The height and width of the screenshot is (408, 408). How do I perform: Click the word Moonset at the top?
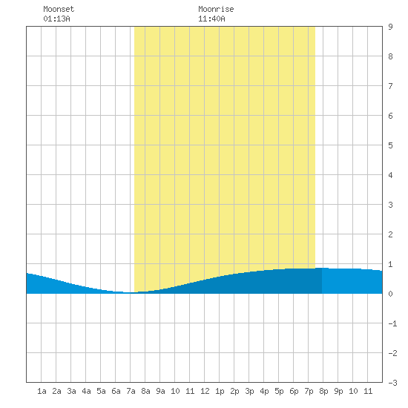pos(59,9)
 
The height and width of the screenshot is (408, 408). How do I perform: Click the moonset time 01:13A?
pos(56,19)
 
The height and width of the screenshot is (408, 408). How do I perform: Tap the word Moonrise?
pos(216,9)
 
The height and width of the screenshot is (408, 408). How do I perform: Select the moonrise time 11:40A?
pos(211,19)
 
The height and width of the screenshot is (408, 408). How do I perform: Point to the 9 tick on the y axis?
pos(390,27)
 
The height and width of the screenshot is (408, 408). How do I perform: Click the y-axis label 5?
pos(390,145)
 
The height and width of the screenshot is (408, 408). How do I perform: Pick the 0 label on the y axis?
pos(390,294)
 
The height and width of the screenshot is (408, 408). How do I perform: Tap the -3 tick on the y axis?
pos(392,383)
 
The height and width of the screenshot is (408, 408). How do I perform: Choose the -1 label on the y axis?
pos(392,323)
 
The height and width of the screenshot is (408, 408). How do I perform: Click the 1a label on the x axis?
pos(42,391)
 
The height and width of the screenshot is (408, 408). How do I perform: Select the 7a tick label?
pos(131,391)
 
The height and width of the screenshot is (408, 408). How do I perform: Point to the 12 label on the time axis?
pos(205,391)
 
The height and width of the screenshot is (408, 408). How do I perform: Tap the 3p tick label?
pos(249,391)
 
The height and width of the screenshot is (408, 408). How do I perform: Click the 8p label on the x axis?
pos(323,391)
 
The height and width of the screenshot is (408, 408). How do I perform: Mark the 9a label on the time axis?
pos(160,391)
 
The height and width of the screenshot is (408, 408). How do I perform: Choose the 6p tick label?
pos(294,391)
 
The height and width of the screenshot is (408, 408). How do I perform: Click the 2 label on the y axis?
pos(390,234)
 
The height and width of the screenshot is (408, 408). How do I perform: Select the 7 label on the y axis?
pos(390,86)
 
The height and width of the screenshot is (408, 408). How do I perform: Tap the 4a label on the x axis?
pos(86,391)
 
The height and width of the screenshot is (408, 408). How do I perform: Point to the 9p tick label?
pos(338,391)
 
